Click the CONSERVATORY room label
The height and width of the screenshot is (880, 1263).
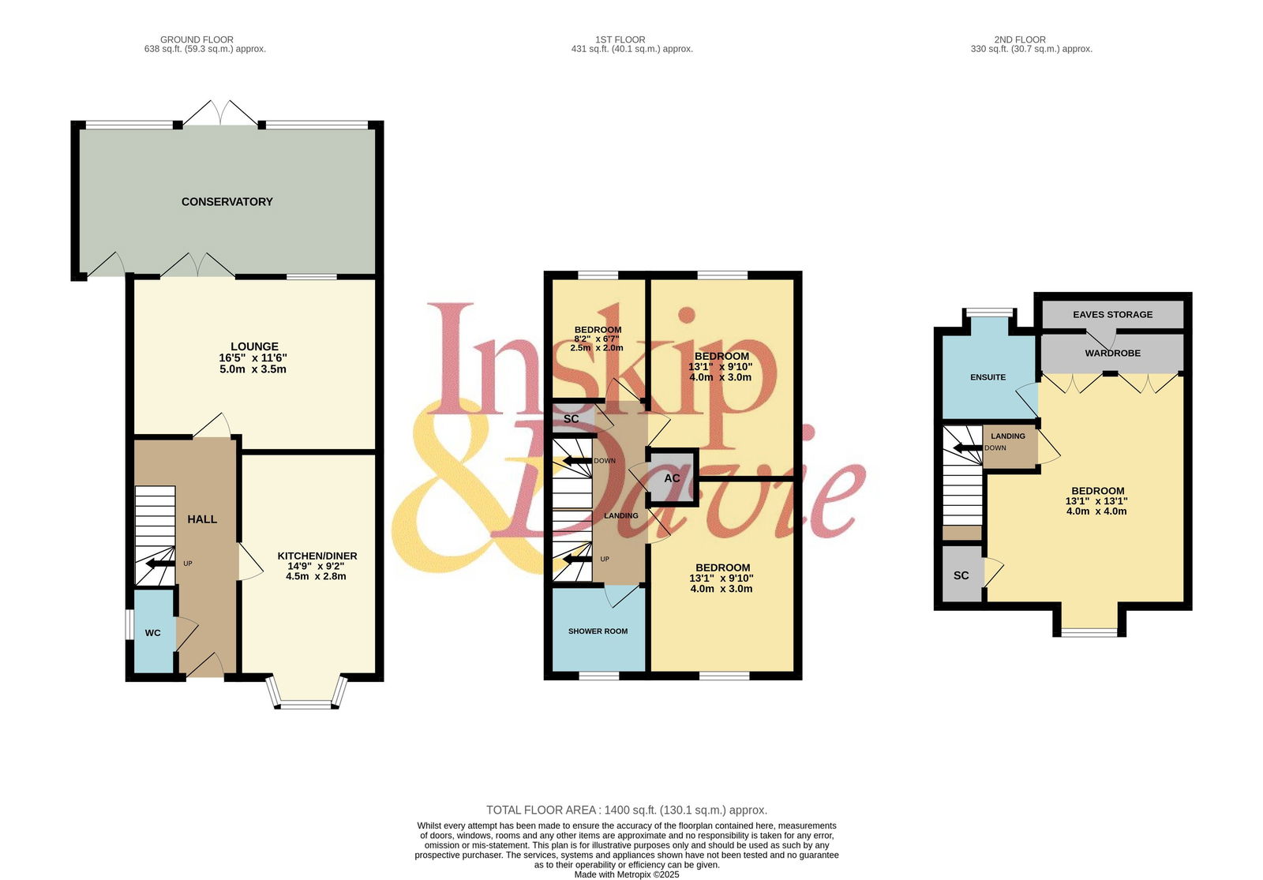coord(227,202)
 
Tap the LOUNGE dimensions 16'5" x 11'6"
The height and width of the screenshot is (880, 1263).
coord(253,358)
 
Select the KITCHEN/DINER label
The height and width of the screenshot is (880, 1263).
coord(317,556)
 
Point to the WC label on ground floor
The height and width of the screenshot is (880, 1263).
coord(153,633)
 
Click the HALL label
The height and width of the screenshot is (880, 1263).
coord(202,519)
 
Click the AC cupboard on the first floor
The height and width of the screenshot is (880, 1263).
coord(672,478)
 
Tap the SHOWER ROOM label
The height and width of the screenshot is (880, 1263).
coord(598,631)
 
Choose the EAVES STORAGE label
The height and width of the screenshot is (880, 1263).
coord(1112,315)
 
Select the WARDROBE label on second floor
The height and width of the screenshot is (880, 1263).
coord(1112,354)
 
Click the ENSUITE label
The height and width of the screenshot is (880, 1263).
coord(988,377)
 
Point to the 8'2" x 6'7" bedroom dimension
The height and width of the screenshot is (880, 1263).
coord(597,339)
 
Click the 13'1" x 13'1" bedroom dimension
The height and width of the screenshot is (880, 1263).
coord(1096,501)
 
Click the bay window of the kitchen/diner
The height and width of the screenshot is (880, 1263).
coord(307,692)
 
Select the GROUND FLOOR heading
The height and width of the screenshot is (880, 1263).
coord(197,39)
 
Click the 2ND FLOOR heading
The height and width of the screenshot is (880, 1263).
coord(1020,39)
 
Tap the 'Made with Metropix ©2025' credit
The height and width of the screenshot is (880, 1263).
coord(627,874)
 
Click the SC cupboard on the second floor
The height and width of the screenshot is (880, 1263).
coord(961,575)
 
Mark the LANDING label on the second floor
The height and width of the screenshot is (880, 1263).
coord(1008,436)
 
